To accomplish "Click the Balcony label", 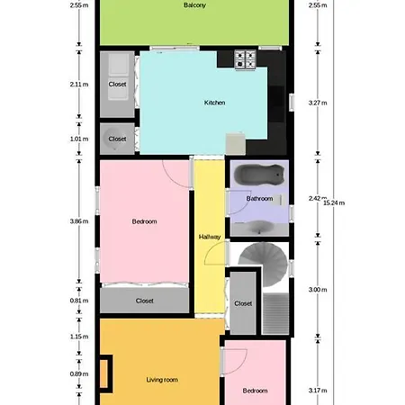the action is click(194, 5).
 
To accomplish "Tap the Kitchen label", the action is click(214, 103).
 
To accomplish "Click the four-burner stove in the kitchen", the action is click(246, 59).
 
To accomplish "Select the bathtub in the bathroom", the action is click(259, 175).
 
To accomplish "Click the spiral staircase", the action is click(264, 264).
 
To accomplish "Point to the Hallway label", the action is click(210, 237).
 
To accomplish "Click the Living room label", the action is click(162, 380).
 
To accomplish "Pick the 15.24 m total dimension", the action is click(334, 202).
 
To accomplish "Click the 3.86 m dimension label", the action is click(79, 221).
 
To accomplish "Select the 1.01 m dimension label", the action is click(79, 139).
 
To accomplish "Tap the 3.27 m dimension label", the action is click(318, 103).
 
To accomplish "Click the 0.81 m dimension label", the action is click(79, 301).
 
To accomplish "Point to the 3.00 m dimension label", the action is click(318, 290).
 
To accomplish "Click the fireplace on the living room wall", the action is click(104, 373).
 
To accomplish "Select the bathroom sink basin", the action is click(260, 227).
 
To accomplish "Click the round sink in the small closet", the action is click(115, 139).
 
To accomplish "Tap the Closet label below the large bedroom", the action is click(145, 301).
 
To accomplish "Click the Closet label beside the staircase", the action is click(243, 303).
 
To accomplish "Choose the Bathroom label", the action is click(259, 199).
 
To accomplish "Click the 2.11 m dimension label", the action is click(79, 85).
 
